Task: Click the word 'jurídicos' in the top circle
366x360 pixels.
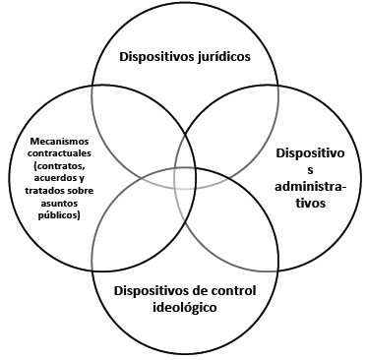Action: pyautogui.click(x=222, y=56)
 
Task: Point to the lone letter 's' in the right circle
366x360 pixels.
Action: pyautogui.click(x=309, y=170)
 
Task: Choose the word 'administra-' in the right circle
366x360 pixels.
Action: pyautogui.click(x=309, y=187)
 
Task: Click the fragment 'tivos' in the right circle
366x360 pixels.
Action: pyautogui.click(x=309, y=204)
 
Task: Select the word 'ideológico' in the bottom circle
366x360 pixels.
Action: pyautogui.click(x=179, y=307)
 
